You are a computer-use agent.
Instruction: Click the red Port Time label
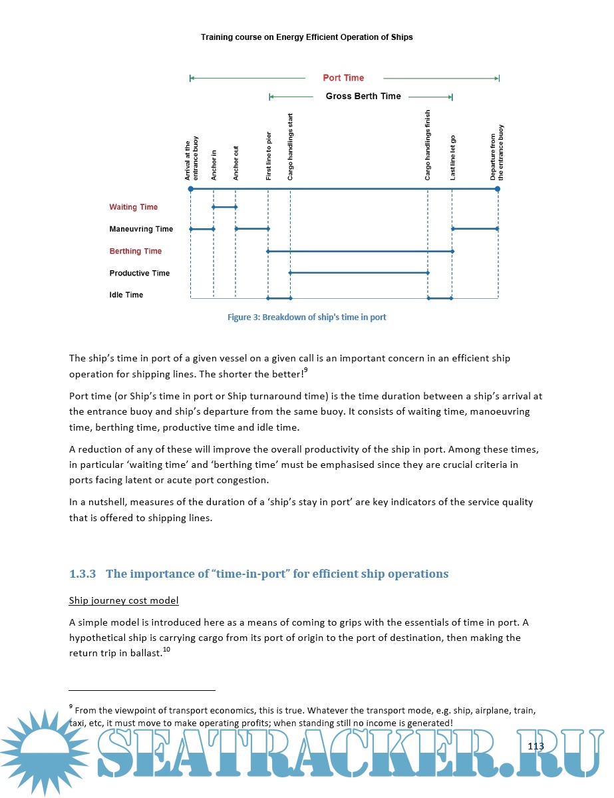[x=343, y=78]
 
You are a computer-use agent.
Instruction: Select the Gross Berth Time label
[x=363, y=97]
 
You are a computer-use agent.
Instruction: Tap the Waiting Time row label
[x=134, y=207]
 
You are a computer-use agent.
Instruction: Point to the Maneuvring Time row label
[x=141, y=229]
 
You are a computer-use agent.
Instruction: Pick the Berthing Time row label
[x=136, y=251]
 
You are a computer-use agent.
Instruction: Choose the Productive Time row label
[x=140, y=273]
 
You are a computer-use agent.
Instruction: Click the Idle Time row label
[x=126, y=295]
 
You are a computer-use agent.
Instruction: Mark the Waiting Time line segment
[x=225, y=207]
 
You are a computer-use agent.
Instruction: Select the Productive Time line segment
[x=359, y=273]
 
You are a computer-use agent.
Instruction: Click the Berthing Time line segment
[x=360, y=251]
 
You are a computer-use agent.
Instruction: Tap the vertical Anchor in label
[x=214, y=164]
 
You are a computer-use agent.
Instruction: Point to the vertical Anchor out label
[x=236, y=162]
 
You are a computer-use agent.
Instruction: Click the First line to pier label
[x=269, y=156]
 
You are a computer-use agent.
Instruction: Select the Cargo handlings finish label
[x=428, y=145]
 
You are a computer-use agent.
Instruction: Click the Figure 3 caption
[x=307, y=317]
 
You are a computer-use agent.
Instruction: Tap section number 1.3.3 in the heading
[x=83, y=574]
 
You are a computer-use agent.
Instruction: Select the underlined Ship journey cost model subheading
[x=124, y=600]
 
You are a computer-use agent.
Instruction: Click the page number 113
[x=536, y=746]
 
